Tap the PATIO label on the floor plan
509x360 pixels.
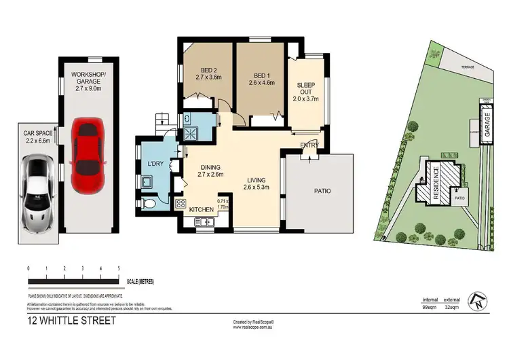tap(322, 192)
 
